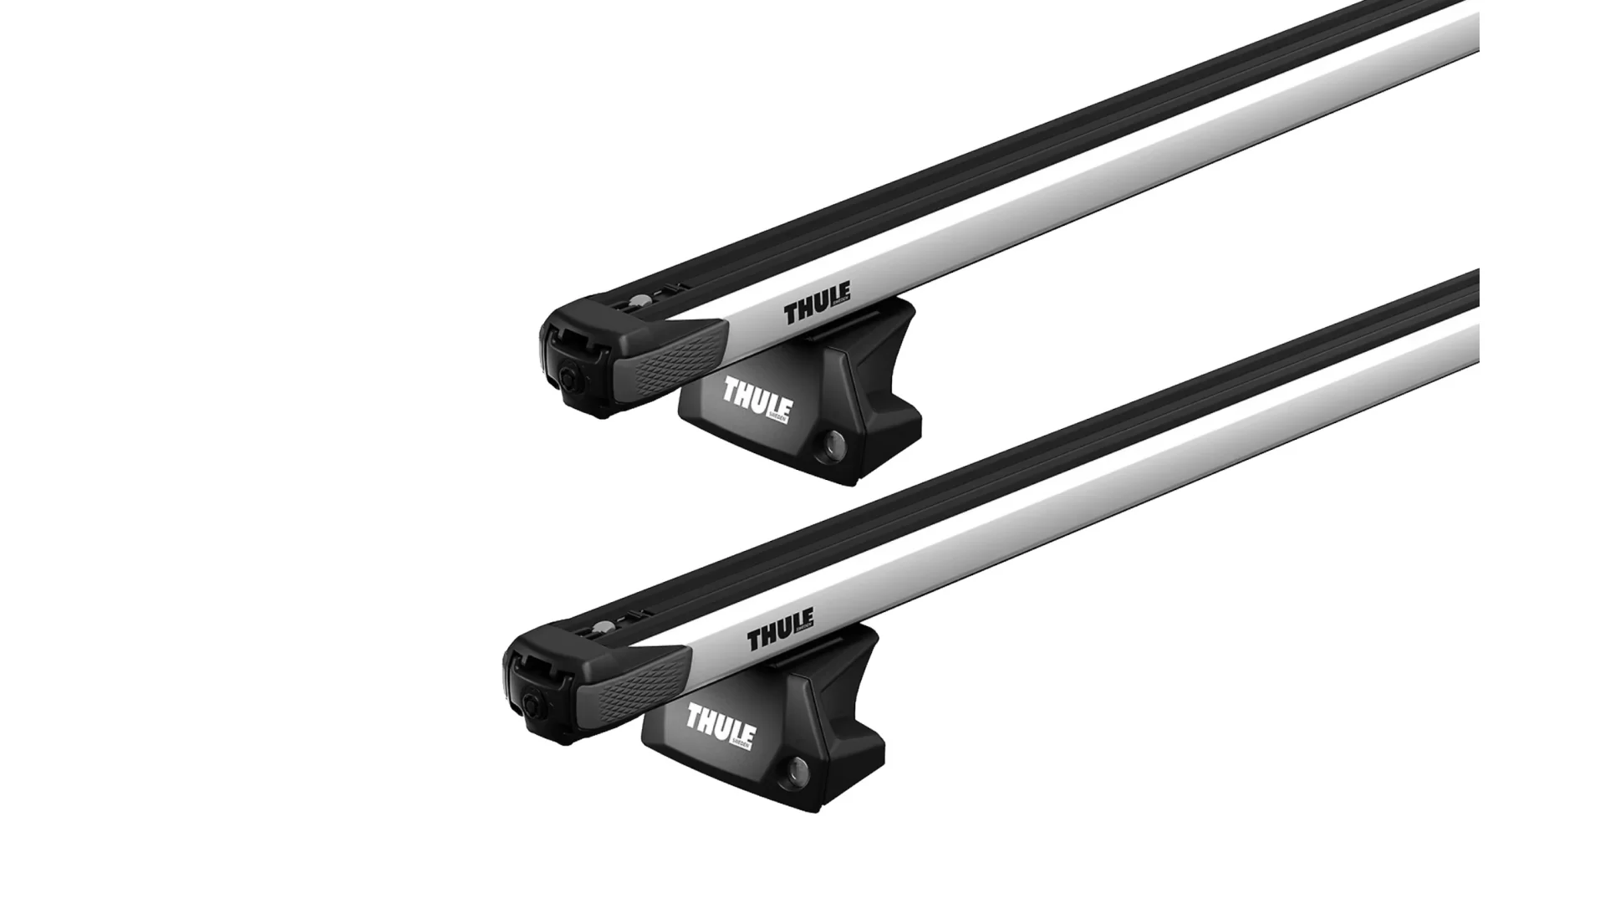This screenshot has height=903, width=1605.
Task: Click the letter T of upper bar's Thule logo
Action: click(791, 314)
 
